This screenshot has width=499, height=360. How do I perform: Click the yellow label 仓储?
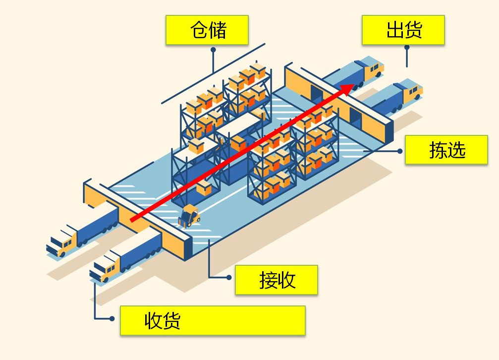[207, 30]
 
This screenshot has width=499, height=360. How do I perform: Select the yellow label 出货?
[403, 30]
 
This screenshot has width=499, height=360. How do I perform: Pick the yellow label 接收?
[276, 280]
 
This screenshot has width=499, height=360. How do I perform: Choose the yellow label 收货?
[212, 320]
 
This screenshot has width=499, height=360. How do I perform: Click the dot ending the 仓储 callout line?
[213, 50]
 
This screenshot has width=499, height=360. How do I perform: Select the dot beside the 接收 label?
[228, 278]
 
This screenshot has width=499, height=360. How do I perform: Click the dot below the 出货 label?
[407, 48]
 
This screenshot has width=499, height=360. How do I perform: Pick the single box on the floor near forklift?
[204, 187]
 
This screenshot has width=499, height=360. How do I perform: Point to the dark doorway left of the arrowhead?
[315, 91]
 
